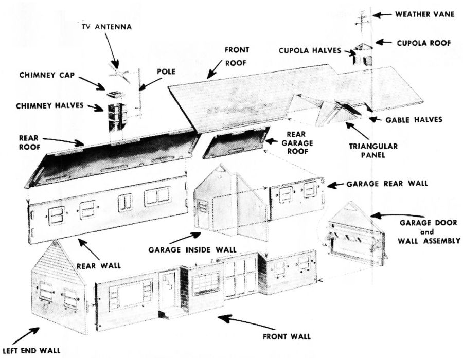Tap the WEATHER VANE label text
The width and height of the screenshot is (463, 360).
click(424, 14)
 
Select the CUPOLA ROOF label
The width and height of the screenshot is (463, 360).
click(423, 42)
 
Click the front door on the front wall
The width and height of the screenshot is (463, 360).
click(168, 292)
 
